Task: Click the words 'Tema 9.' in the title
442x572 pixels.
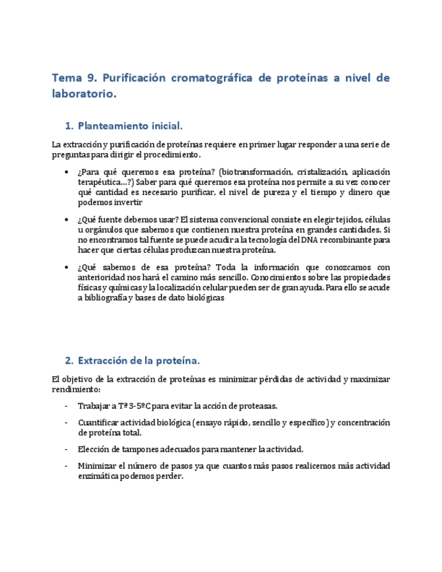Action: click(x=74, y=78)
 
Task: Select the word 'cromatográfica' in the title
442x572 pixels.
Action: click(x=209, y=78)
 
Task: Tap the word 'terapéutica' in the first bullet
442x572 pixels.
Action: click(x=101, y=182)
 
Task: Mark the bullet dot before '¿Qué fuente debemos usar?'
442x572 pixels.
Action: click(x=66, y=221)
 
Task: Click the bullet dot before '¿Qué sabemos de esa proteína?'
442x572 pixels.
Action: click(x=66, y=268)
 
